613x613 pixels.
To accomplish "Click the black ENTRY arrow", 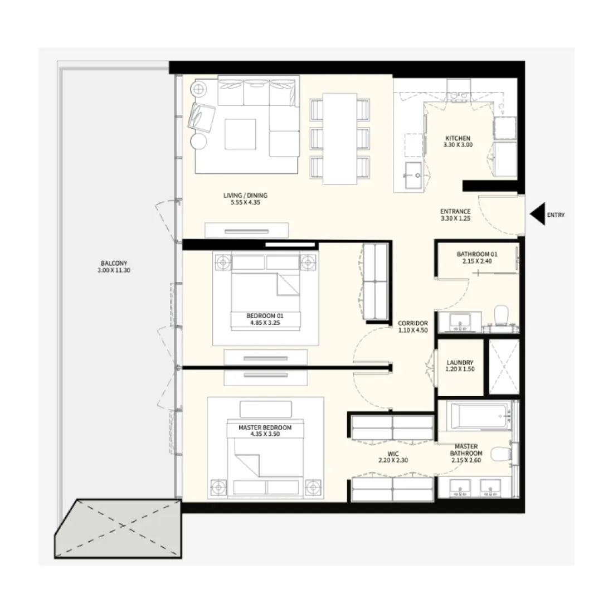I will pos(537,215).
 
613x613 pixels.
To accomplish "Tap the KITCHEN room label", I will pos(457,142).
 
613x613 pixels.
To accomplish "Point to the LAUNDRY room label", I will pos(460,365).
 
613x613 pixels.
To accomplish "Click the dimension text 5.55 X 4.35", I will pos(245,203).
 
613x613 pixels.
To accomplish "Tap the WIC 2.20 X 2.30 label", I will pos(393,458).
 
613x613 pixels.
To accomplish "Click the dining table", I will pos(339,138).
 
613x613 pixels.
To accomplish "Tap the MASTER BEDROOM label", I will pos(265,431).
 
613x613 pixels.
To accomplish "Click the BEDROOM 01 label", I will pos(265,319).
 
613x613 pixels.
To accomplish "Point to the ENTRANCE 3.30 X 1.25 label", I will pos(455,215).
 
